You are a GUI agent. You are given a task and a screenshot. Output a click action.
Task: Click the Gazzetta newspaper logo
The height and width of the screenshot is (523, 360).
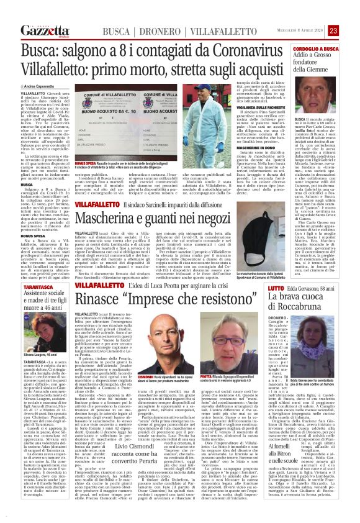point(45,30)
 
